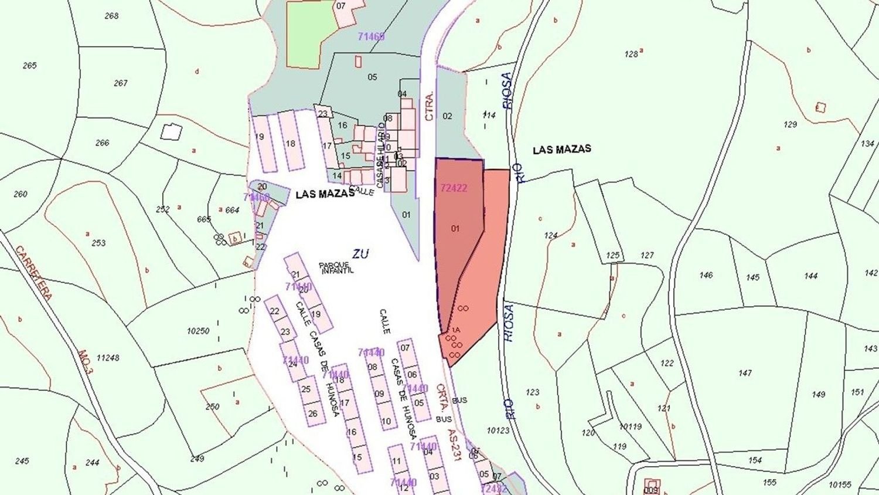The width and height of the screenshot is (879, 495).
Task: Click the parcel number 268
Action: (x=111, y=16)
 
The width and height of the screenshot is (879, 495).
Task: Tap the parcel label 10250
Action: (x=198, y=331)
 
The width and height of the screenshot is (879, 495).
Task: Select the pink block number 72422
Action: (x=454, y=188)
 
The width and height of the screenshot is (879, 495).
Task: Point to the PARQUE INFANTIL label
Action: (x=336, y=268)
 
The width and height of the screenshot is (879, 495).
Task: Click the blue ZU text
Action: (x=360, y=253)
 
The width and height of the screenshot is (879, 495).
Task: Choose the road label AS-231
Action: (x=455, y=443)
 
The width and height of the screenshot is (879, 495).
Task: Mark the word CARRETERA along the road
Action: (x=33, y=273)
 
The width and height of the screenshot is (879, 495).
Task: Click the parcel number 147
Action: (x=745, y=373)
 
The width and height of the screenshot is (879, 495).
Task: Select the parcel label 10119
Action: (x=631, y=427)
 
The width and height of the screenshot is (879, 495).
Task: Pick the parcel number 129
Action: (x=790, y=124)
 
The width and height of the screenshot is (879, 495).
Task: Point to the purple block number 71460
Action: (x=371, y=36)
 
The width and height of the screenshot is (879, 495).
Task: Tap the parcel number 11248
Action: (x=108, y=358)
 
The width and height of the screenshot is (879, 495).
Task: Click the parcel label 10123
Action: (x=498, y=430)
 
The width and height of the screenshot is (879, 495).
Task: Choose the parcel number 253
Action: (x=98, y=243)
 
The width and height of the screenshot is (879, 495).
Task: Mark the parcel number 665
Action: (x=203, y=219)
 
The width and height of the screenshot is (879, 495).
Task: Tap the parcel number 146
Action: (x=706, y=275)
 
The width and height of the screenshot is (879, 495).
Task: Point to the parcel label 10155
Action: (x=840, y=484)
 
